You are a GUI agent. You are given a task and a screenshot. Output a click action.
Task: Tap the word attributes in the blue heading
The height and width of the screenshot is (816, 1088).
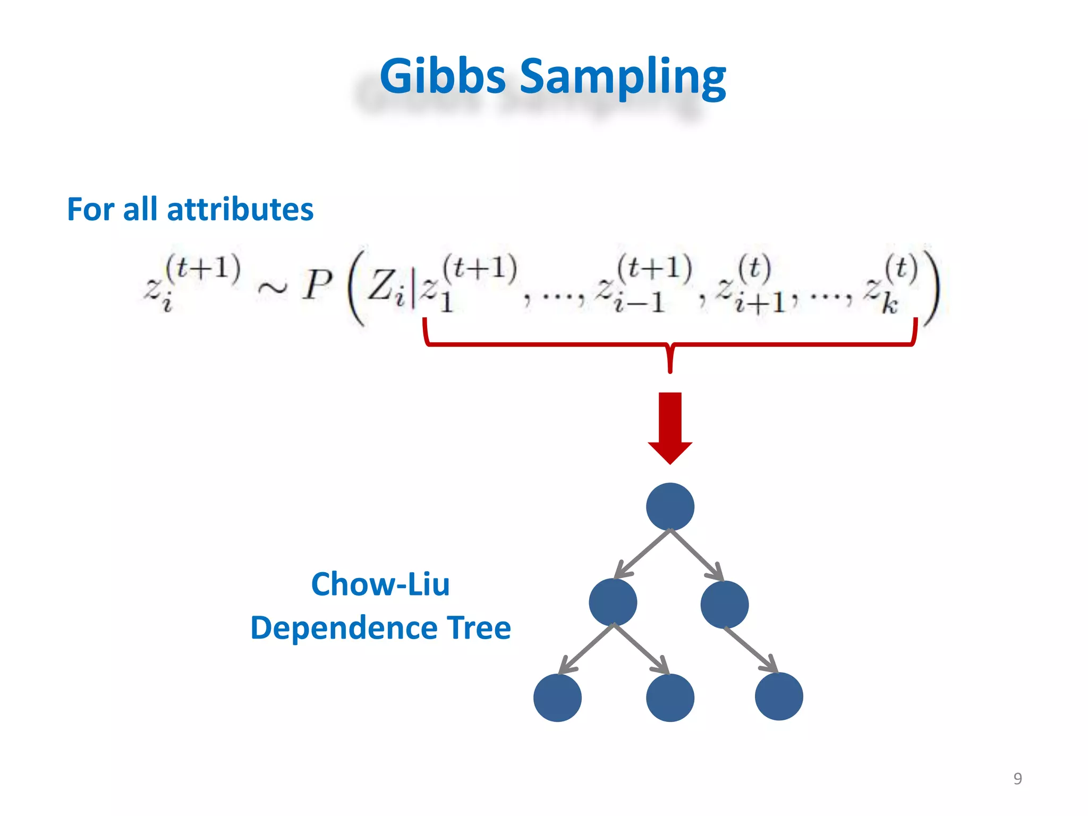240,209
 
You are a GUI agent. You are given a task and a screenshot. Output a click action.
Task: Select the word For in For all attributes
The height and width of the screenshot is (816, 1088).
90,209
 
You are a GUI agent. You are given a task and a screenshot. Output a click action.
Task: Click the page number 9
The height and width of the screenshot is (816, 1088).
1017,778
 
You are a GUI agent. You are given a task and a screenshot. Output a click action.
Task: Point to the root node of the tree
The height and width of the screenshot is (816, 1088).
670,506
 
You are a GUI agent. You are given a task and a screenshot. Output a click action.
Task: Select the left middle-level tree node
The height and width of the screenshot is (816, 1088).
613,602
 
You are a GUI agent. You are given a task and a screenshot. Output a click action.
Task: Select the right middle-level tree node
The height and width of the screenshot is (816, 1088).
724,604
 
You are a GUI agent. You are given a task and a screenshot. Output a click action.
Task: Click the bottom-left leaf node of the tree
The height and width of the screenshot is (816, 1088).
557,698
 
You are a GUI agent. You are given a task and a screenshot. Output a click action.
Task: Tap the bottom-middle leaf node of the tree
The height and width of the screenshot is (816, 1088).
670,698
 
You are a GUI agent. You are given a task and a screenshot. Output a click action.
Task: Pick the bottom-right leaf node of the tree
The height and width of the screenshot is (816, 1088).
778,696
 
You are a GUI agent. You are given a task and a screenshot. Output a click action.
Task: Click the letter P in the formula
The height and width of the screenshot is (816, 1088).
317,285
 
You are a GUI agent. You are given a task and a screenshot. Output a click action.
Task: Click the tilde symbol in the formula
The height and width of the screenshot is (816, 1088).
272,288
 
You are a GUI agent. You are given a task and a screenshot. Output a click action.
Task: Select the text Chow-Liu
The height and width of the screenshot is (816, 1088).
380,584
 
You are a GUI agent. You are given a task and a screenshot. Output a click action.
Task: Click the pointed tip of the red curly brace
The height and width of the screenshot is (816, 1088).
670,370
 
